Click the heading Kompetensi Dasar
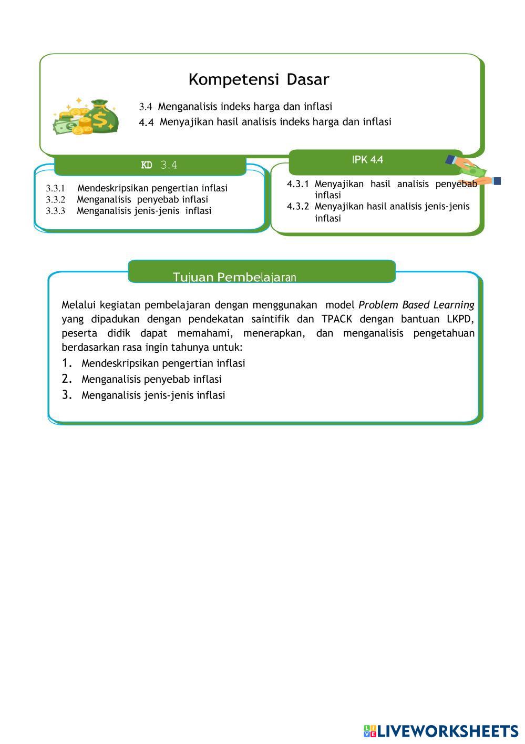259,79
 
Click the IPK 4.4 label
367,160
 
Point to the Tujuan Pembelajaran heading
234,277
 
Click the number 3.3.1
55,188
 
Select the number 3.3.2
55,200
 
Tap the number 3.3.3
55,211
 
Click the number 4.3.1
297,184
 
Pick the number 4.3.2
297,207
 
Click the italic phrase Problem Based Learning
416,305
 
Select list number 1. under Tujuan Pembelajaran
67,363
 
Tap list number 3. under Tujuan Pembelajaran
67,395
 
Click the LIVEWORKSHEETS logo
440,731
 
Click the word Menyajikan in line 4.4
183,122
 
